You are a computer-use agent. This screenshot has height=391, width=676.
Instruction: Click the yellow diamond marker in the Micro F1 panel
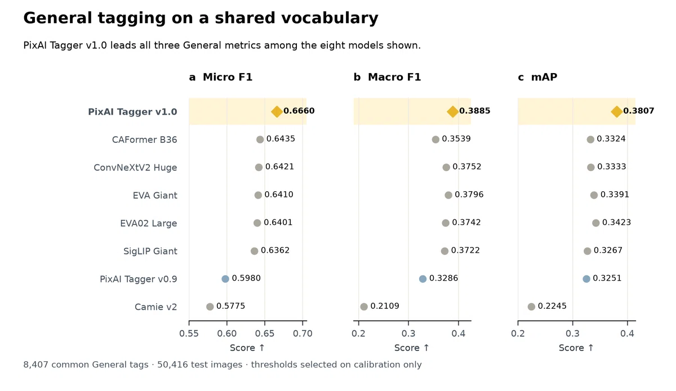pyautogui.click(x=277, y=111)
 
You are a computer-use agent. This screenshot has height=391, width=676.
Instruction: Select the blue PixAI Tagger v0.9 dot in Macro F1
pyautogui.click(x=423, y=279)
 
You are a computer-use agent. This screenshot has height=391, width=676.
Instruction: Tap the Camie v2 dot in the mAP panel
pyautogui.click(x=531, y=307)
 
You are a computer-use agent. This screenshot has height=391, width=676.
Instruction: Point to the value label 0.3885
pyautogui.click(x=475, y=111)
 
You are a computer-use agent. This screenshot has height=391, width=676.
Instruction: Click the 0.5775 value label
pyautogui.click(x=230, y=306)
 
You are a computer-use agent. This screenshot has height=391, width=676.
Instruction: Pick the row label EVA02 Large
pyautogui.click(x=149, y=223)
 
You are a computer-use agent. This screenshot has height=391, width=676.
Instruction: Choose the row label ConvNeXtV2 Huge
pyautogui.click(x=135, y=168)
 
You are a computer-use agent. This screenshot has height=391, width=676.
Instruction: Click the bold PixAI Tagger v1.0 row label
pyautogui.click(x=132, y=112)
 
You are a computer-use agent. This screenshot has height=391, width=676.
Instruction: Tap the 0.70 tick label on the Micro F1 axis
pyautogui.click(x=303, y=334)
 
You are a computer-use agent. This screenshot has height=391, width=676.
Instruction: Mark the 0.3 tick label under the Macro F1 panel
pyautogui.click(x=408, y=334)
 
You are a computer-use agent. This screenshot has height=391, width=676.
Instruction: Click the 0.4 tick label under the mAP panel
pyautogui.click(x=627, y=334)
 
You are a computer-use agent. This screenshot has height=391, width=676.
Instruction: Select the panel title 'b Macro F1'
pyautogui.click(x=387, y=77)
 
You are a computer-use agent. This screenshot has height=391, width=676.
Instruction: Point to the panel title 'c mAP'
pyautogui.click(x=537, y=77)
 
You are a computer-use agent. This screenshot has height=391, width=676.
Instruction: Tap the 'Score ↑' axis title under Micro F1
pyautogui.click(x=247, y=348)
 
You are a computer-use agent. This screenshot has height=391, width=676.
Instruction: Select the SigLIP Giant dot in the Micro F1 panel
pyautogui.click(x=255, y=251)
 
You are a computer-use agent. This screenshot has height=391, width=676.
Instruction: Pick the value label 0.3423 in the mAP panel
pyautogui.click(x=616, y=222)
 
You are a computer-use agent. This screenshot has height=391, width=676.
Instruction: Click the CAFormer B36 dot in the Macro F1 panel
pyautogui.click(x=435, y=140)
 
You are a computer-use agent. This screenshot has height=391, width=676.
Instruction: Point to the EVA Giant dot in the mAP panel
pyautogui.click(x=594, y=195)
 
